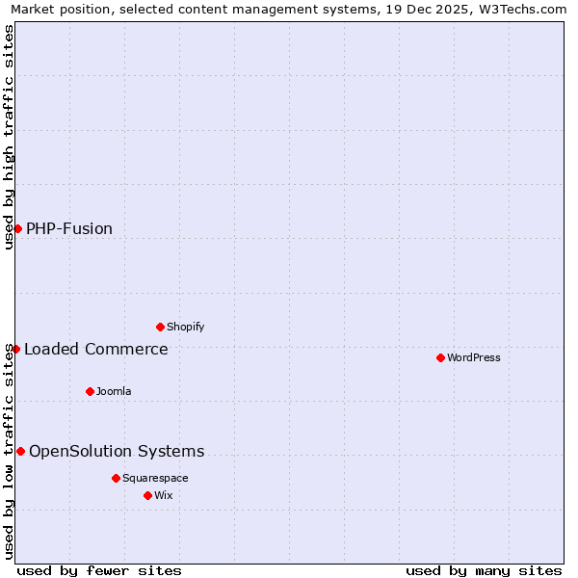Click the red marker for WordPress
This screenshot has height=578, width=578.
(x=440, y=357)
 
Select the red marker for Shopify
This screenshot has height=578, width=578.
(x=160, y=327)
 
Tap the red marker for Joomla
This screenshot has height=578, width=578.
(x=90, y=391)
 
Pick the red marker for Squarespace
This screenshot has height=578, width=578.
(x=116, y=478)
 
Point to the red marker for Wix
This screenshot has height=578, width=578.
(x=147, y=495)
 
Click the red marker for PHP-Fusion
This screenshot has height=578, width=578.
(x=17, y=228)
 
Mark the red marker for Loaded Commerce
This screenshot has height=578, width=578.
(x=15, y=349)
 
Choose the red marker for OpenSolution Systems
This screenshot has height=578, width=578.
(x=20, y=451)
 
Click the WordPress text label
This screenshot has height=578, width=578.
(x=474, y=357)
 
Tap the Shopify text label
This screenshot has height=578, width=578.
(x=186, y=327)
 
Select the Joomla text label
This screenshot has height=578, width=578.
(x=114, y=391)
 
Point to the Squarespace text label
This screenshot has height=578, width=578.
(x=155, y=478)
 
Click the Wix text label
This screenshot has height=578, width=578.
(x=164, y=495)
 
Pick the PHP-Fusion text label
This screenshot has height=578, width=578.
(x=69, y=228)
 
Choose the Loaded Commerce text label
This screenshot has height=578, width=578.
(x=96, y=349)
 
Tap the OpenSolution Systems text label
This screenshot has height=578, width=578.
(x=117, y=451)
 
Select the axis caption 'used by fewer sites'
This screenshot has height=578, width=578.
(x=99, y=570)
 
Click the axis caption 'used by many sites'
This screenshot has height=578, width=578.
(x=484, y=570)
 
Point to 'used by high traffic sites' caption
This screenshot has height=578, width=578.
(x=9, y=137)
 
